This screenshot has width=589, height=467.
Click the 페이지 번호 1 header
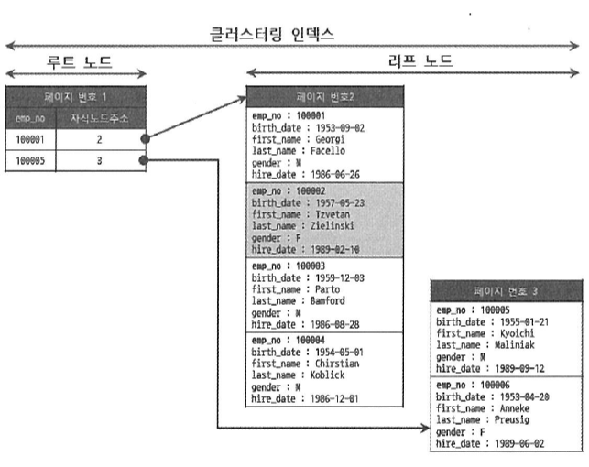point(75,97)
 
